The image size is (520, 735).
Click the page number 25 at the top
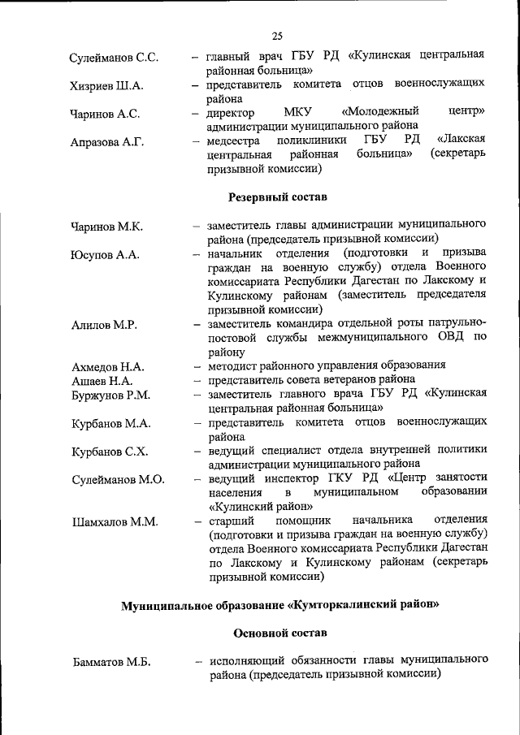277,36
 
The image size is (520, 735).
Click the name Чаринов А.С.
105,115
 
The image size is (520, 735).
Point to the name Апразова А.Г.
106,143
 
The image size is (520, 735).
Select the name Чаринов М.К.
106,227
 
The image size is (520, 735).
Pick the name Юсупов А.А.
105,255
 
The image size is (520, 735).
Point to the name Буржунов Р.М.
110,396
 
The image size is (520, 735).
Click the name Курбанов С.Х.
110,452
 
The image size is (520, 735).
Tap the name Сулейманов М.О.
117,479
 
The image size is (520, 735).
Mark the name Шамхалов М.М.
114,521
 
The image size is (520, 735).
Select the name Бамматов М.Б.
110,663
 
